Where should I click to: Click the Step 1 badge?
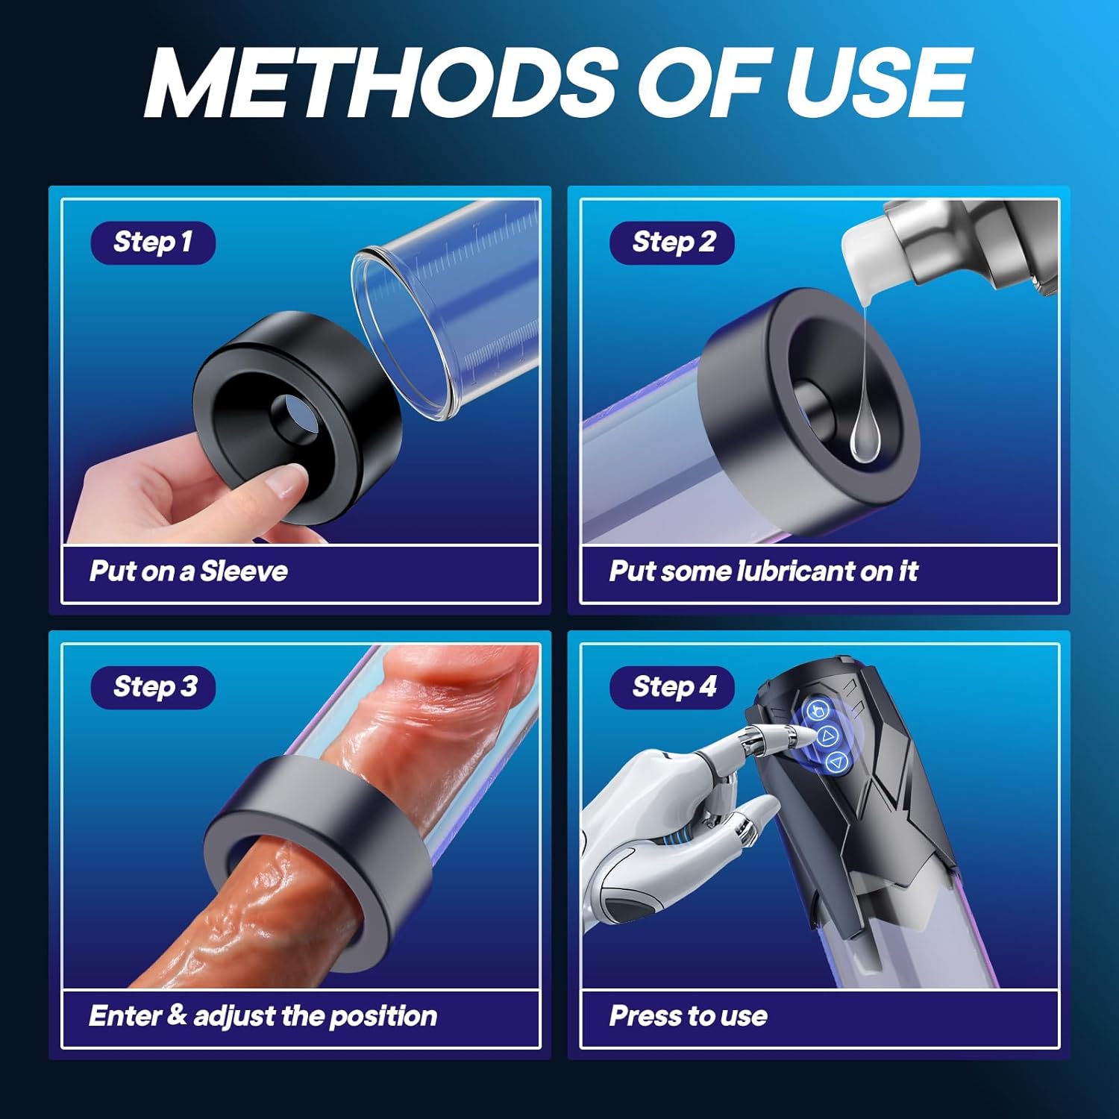[153, 242]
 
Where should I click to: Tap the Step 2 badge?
[672, 242]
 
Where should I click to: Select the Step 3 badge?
[153, 687]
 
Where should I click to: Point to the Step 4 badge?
[672, 687]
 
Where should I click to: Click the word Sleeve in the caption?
[244, 571]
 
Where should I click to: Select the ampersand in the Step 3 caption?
[177, 1015]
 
